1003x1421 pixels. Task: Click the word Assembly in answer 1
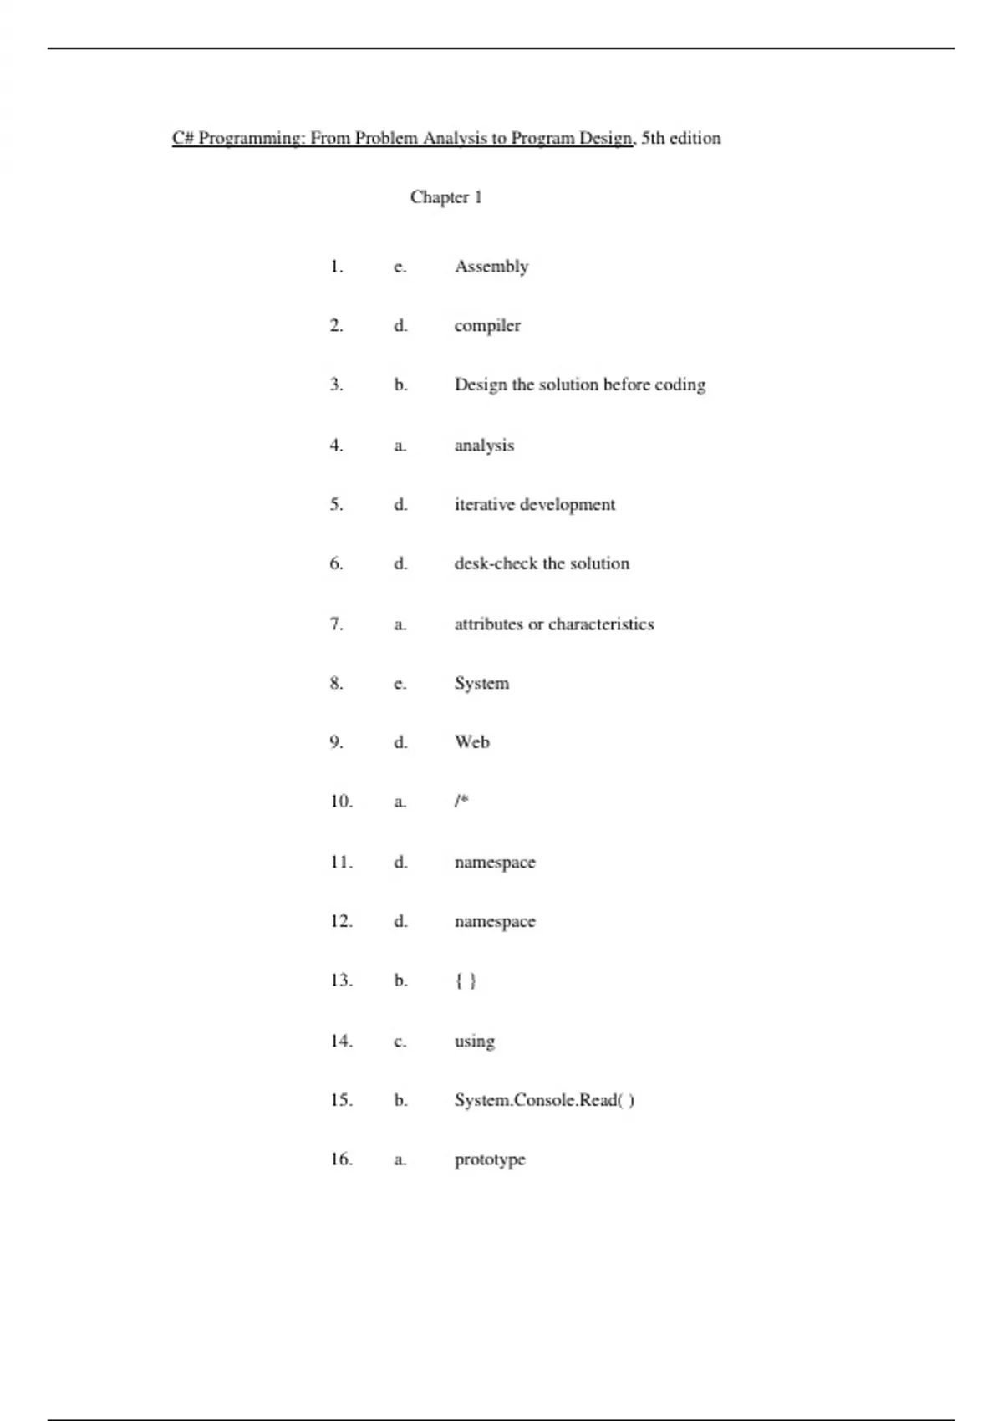coord(491,267)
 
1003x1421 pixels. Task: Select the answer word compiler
coord(487,326)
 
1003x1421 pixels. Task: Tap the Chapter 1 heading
coord(445,197)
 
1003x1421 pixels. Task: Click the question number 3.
coord(336,385)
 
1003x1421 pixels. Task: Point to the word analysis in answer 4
coord(484,446)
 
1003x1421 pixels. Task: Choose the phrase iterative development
coord(534,505)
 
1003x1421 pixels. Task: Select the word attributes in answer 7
coord(488,624)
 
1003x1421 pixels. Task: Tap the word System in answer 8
coord(481,684)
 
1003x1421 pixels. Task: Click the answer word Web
coord(472,742)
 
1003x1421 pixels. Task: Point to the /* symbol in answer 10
coord(461,802)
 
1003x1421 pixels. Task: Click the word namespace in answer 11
coord(495,863)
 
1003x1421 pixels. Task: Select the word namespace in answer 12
coord(495,922)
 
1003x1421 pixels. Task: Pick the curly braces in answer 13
coord(466,980)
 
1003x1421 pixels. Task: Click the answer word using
coord(475,1042)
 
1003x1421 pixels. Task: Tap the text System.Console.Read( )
coord(544,1100)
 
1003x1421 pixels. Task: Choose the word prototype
coord(490,1160)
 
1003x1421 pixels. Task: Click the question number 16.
coord(341,1159)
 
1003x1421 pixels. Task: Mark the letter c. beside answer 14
coord(400,1042)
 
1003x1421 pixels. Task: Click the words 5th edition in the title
coord(681,138)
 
